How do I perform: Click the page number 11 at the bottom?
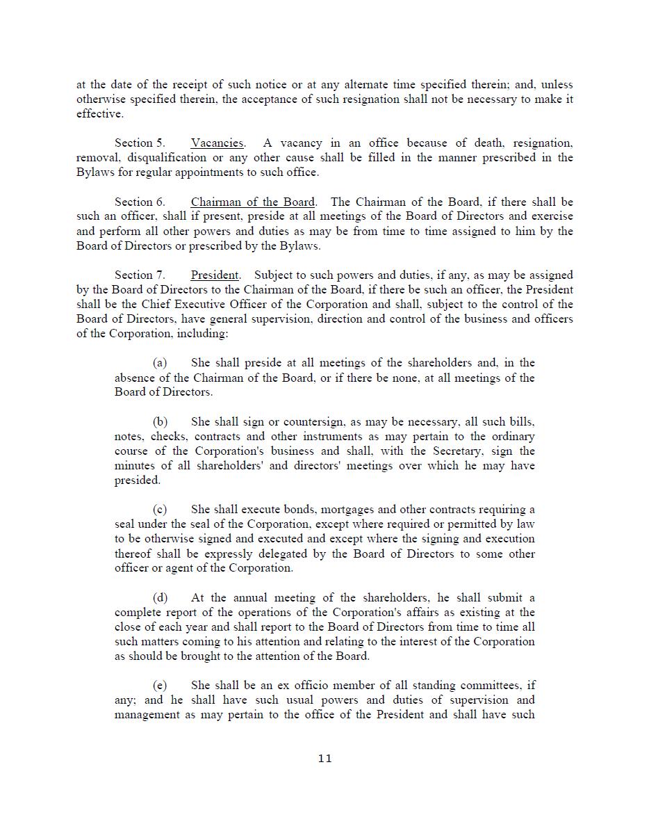coord(324,758)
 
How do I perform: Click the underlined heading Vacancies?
coord(217,143)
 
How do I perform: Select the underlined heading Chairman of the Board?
coord(252,202)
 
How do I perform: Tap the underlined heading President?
coord(215,275)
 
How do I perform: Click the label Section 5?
coord(140,143)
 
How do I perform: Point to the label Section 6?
coord(140,202)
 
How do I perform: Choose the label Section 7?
coord(140,275)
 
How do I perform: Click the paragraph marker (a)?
coord(160,363)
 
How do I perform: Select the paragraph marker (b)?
coord(160,422)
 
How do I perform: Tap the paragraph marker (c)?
coord(160,510)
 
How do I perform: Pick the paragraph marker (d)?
coord(160,598)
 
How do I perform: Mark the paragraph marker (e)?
coord(160,686)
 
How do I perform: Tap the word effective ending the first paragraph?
coord(99,114)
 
